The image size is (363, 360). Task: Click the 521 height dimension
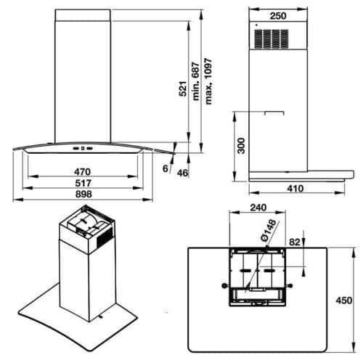tap(184, 89)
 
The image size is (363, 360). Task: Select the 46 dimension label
tap(182, 173)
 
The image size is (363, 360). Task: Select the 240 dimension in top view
tap(257, 206)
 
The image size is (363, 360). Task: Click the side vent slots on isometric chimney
tap(103, 237)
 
